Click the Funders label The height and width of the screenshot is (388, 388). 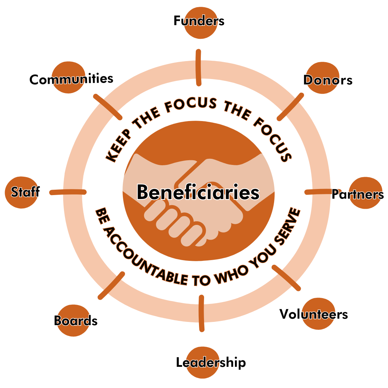(199, 21)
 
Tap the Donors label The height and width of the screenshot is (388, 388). (328, 80)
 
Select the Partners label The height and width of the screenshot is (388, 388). (357, 194)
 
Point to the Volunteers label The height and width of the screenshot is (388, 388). (314, 314)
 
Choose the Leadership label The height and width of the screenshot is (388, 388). (211, 362)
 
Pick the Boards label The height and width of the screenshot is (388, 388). (76, 320)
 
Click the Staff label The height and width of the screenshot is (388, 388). (25, 192)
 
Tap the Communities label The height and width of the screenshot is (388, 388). (71, 79)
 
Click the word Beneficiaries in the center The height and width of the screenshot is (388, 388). (198, 192)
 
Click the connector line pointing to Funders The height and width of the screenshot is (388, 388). (198, 68)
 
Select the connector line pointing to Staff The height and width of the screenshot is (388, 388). (68, 192)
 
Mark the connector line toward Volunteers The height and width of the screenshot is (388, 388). (286, 277)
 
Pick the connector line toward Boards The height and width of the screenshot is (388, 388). (111, 286)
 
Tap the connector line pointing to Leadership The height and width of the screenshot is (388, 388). (201, 313)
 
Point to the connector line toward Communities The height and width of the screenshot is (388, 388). (107, 107)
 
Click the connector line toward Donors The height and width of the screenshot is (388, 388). (290, 107)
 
